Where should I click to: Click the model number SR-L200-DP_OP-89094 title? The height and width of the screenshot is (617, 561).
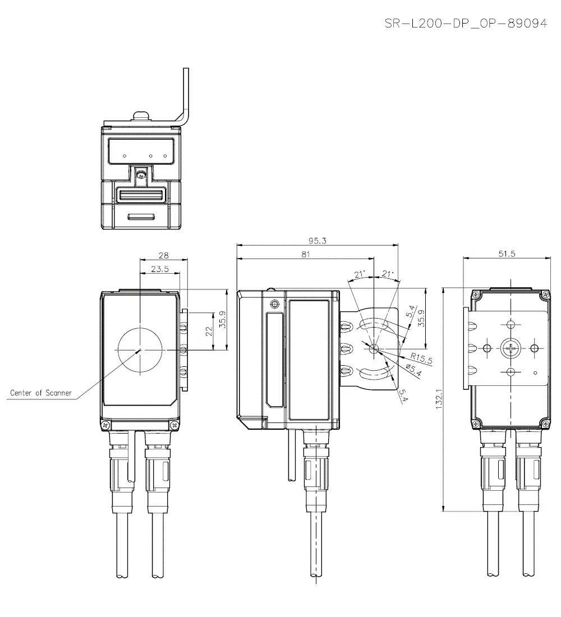pyautogui.click(x=465, y=24)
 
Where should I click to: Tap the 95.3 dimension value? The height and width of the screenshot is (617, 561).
pyautogui.click(x=316, y=240)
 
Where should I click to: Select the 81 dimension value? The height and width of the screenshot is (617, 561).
pyautogui.click(x=305, y=254)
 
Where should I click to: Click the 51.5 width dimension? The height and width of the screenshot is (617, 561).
pyautogui.click(x=507, y=254)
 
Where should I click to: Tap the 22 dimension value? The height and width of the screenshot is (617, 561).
pyautogui.click(x=209, y=331)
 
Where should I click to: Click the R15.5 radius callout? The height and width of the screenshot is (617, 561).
pyautogui.click(x=421, y=358)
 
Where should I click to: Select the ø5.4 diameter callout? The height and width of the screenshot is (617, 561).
pyautogui.click(x=414, y=369)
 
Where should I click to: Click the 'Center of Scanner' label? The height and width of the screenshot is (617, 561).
pyautogui.click(x=41, y=393)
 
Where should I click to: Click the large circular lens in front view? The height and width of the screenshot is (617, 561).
pyautogui.click(x=140, y=348)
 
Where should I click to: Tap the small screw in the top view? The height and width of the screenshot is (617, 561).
pyautogui.click(x=142, y=176)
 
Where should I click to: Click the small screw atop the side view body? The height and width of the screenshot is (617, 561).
pyautogui.click(x=274, y=305)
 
